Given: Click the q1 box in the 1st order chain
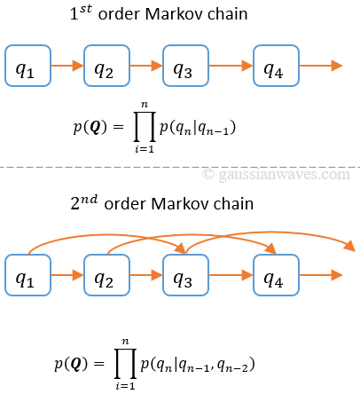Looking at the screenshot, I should pos(27,66).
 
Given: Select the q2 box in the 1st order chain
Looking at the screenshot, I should pos(106,66).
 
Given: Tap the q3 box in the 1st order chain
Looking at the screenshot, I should pos(184,66).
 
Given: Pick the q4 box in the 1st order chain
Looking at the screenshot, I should pos(275,66).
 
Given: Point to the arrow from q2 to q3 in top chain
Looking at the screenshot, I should pos(145,66).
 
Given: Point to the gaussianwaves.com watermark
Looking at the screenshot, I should pos(276,175).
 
